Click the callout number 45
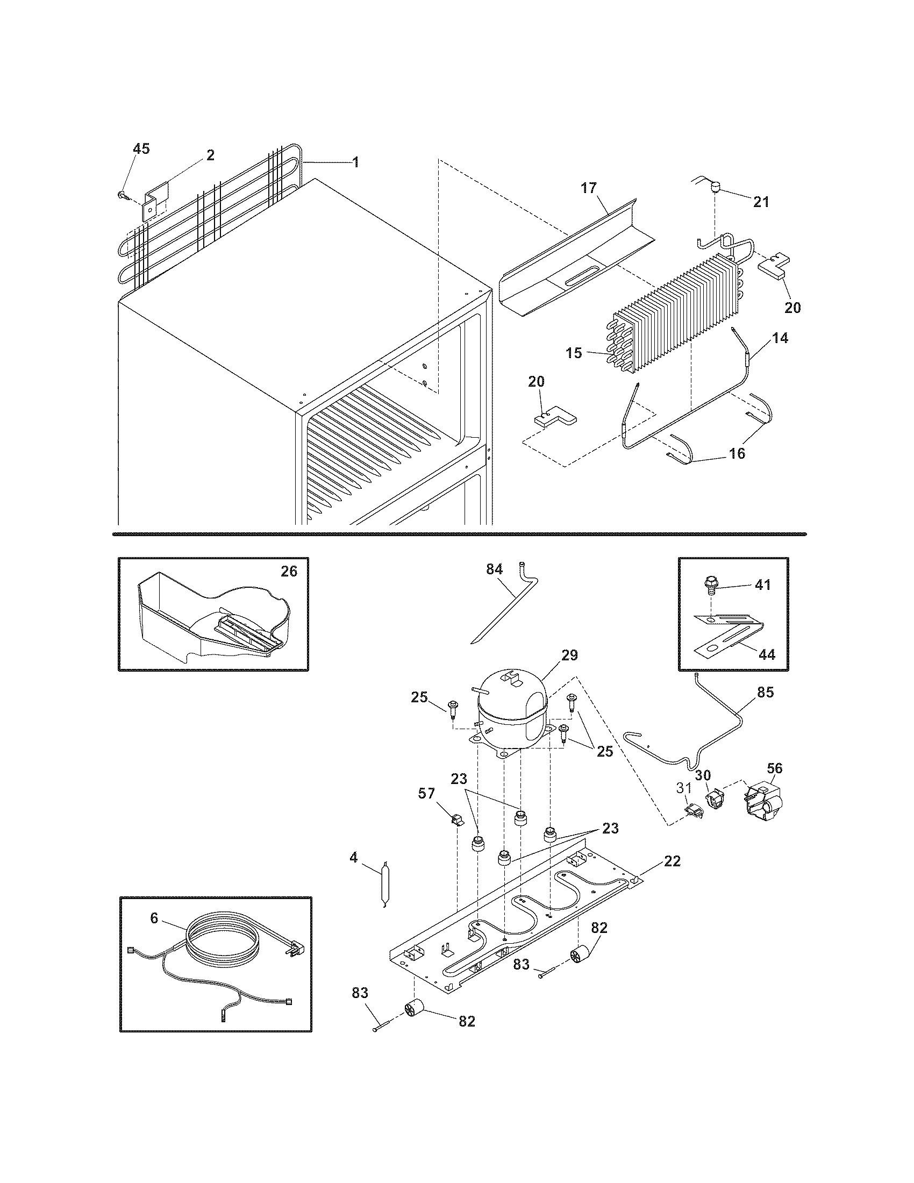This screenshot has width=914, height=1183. point(141,149)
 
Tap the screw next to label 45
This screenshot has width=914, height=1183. point(122,194)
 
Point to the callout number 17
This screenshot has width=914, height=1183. point(589,188)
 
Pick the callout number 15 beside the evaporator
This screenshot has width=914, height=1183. point(574,353)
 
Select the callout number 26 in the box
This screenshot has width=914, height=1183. point(289,571)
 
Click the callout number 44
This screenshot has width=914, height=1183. point(766,654)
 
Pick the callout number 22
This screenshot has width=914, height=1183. point(672,861)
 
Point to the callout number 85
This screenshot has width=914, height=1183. point(766,692)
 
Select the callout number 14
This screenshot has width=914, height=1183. point(780,338)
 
